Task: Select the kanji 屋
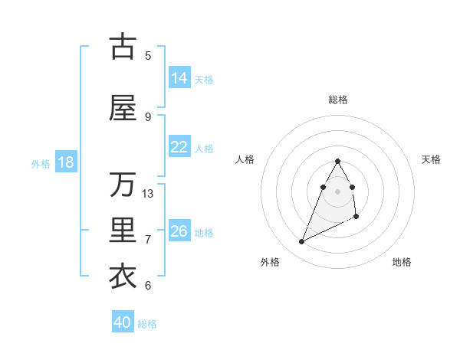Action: tap(123, 108)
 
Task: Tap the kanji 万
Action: tap(123, 185)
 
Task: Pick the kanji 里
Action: tap(123, 231)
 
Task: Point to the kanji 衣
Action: tap(123, 277)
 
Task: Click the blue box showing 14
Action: tap(179, 78)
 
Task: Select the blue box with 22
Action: tap(179, 147)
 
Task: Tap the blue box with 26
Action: tap(179, 231)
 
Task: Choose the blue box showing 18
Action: tap(64, 162)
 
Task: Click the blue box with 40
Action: tap(123, 322)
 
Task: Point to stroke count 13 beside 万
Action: tap(148, 193)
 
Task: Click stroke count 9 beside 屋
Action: tap(148, 116)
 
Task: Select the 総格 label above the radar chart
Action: tap(338, 100)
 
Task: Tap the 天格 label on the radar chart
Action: tap(432, 159)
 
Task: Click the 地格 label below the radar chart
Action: tap(402, 262)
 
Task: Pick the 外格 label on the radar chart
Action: tap(270, 262)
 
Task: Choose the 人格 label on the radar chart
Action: tap(245, 159)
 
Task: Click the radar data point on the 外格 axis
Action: tap(301, 242)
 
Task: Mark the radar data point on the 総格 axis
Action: tap(337, 161)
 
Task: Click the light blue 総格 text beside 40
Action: tap(147, 324)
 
